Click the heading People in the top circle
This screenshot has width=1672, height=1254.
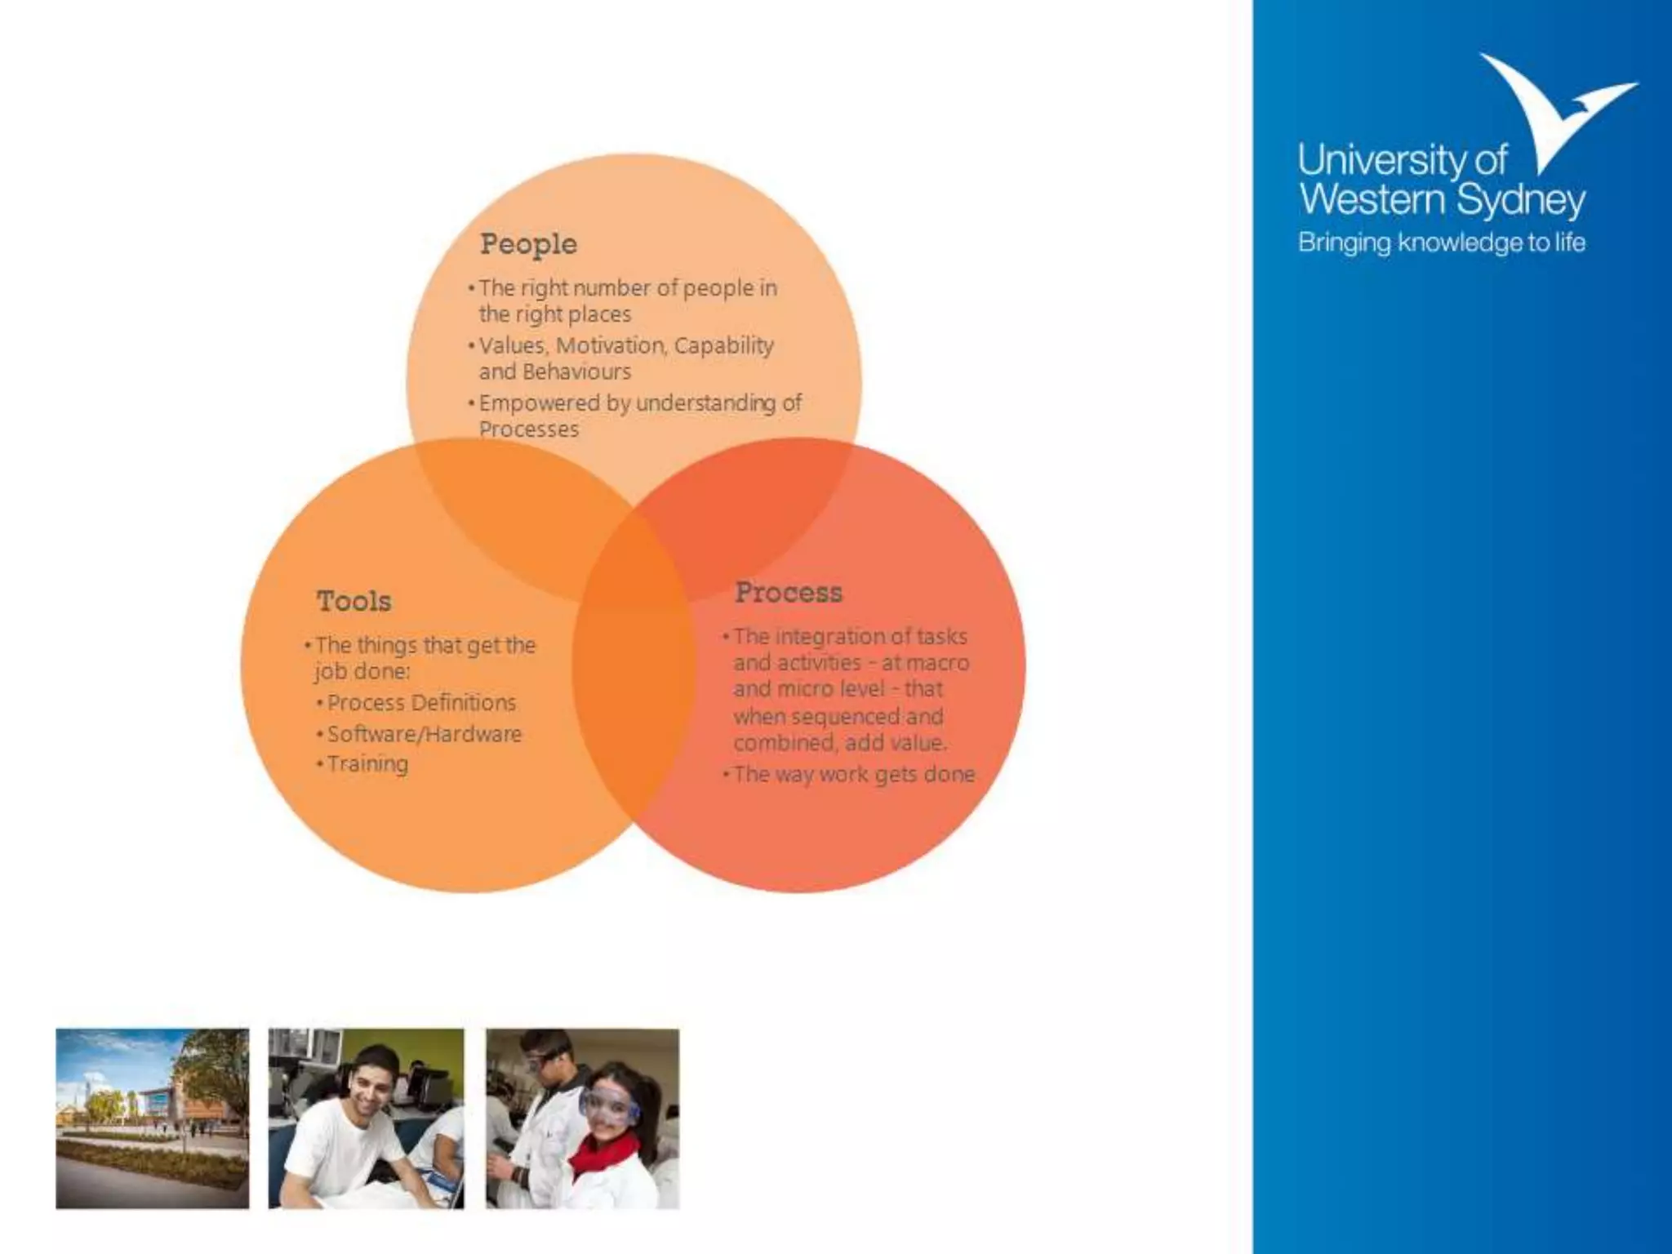(528, 244)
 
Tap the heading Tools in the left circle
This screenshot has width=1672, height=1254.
(354, 601)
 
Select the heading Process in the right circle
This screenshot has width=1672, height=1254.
(788, 592)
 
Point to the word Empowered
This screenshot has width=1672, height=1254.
(539, 403)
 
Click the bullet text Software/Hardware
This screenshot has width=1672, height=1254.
(424, 734)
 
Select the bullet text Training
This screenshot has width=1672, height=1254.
(367, 764)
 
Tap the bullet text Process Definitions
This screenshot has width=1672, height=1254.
(421, 703)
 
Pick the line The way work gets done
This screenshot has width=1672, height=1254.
(853, 774)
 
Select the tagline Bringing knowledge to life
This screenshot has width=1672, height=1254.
(1441, 242)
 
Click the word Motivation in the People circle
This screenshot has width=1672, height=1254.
(611, 345)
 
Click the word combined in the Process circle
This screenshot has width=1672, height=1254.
(785, 744)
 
